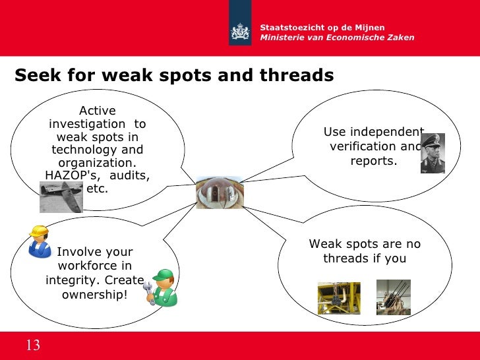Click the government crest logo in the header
click(240, 32)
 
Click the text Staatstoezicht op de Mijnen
click(322, 27)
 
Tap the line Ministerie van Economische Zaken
click(338, 38)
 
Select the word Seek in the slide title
click(37, 76)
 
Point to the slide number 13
click(33, 345)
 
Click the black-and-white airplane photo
click(61, 197)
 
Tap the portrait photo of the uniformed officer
click(433, 153)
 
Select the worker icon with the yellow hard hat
click(40, 241)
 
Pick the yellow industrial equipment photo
click(339, 298)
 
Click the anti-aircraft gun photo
click(393, 297)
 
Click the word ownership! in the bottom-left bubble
click(95, 294)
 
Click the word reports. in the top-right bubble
click(373, 160)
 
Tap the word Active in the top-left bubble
click(97, 111)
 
